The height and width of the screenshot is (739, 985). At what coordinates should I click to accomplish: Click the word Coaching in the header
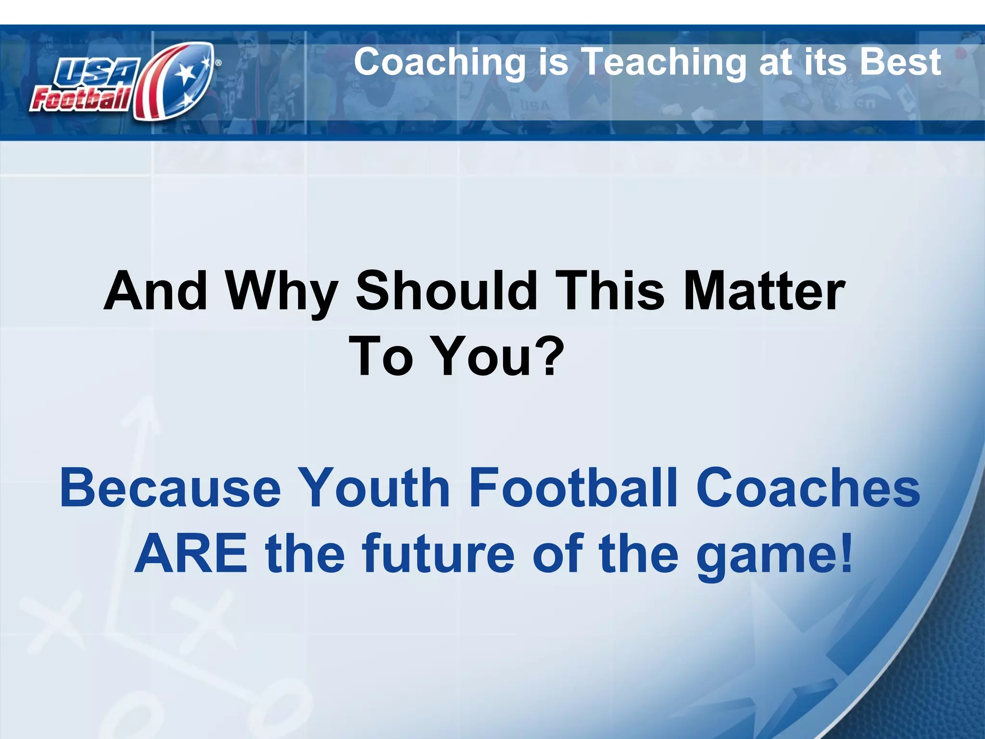440,63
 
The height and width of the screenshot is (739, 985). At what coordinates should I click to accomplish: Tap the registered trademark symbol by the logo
218,63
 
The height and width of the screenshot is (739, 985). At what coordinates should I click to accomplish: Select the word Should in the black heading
446,291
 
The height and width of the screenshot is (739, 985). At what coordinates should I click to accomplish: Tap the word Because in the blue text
170,488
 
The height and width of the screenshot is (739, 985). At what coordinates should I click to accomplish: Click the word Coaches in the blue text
808,488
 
